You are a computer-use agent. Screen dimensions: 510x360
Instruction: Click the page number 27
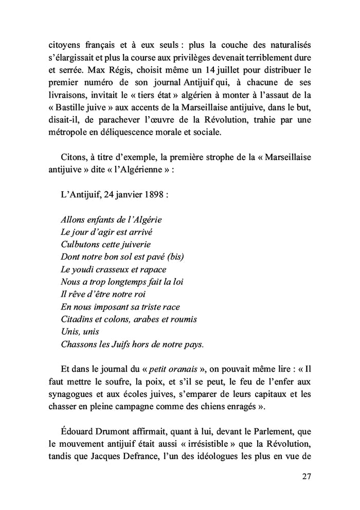pos(307,476)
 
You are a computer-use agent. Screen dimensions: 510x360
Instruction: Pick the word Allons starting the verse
pos(74,220)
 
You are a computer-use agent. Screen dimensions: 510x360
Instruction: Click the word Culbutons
pos(80,244)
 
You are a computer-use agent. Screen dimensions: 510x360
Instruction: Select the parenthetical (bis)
pos(173,257)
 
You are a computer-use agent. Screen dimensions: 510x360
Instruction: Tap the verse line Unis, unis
pos(80,332)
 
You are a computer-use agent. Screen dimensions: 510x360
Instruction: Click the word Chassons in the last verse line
pos(79,344)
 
